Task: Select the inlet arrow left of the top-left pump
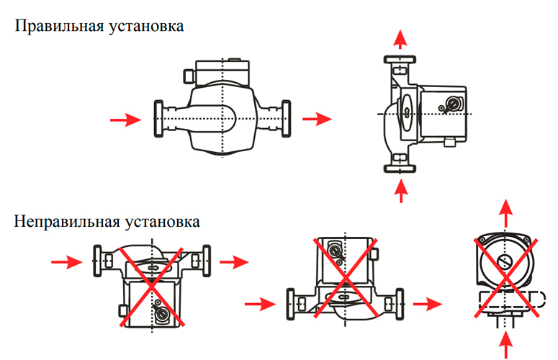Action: click(129, 120)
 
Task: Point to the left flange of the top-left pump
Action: click(158, 118)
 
